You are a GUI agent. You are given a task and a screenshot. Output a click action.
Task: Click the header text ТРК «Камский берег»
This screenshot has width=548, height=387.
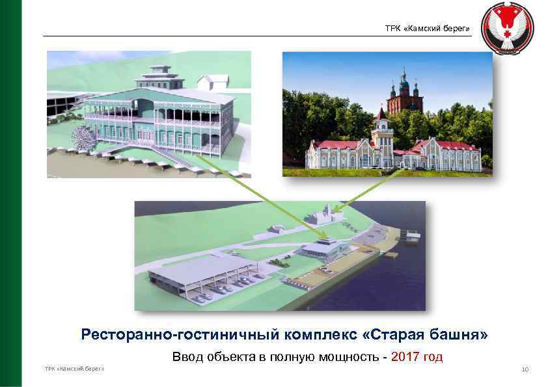pos(427,29)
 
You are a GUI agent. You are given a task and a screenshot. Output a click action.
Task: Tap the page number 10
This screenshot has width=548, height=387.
pos(525,370)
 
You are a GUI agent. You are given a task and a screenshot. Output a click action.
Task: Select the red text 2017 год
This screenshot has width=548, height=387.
pos(417,356)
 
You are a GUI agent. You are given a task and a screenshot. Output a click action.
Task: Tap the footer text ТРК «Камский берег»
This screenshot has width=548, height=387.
pos(74,369)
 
